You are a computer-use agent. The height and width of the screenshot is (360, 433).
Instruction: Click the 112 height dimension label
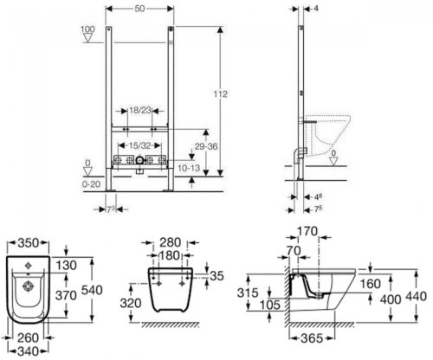click(221, 94)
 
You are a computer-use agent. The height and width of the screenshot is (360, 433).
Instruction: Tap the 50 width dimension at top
click(139, 9)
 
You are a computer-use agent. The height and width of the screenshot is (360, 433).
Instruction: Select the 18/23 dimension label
click(140, 110)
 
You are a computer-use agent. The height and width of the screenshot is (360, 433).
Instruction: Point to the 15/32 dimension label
click(139, 145)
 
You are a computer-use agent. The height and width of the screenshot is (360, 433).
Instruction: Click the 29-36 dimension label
click(206, 146)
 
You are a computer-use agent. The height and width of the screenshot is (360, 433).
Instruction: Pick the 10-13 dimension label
click(189, 168)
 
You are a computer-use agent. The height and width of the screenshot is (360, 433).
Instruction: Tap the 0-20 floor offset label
click(92, 183)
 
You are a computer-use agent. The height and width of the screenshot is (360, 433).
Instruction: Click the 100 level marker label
click(87, 29)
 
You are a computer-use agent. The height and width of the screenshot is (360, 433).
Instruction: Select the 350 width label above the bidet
click(28, 243)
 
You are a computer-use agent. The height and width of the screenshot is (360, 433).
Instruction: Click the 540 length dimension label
click(92, 290)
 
